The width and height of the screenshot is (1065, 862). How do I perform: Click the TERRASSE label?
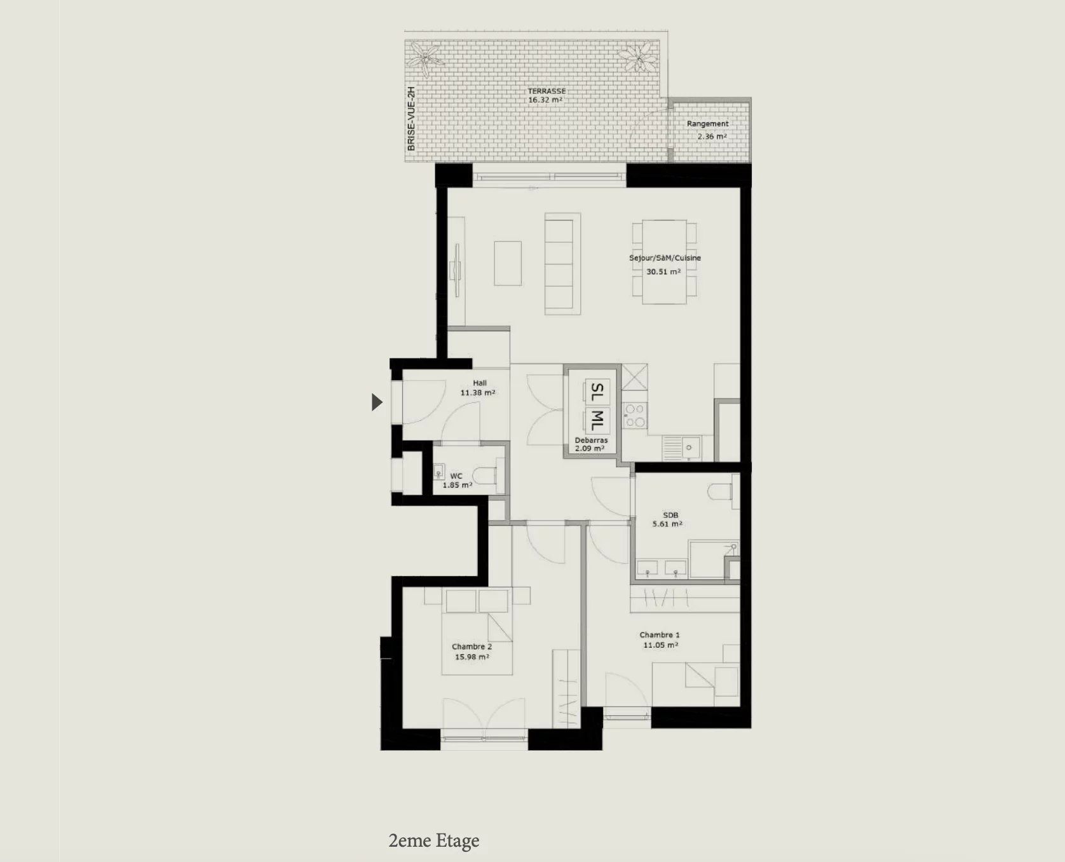coord(546,91)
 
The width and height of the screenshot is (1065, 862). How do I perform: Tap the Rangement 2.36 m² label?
coord(708,130)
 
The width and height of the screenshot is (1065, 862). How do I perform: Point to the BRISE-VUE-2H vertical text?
coord(411,119)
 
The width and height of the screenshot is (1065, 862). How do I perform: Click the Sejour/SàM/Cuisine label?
coord(665,258)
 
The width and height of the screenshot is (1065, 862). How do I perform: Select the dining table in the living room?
coord(664,261)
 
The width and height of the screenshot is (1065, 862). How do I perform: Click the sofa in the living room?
coord(562,263)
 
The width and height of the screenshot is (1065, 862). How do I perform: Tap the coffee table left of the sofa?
coord(508,263)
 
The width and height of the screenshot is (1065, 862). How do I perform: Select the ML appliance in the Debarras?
coord(596,420)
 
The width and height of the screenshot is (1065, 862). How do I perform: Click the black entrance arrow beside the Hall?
coord(377,402)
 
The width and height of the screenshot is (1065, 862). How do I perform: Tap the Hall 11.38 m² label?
coord(478,388)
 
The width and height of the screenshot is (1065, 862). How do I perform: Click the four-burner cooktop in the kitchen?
coord(634,415)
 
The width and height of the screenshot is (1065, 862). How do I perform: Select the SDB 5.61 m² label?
coord(667,519)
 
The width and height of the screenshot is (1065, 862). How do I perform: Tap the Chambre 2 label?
coord(471,646)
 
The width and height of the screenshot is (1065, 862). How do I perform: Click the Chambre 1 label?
coord(660,634)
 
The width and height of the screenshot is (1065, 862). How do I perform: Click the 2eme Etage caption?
coord(434,841)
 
